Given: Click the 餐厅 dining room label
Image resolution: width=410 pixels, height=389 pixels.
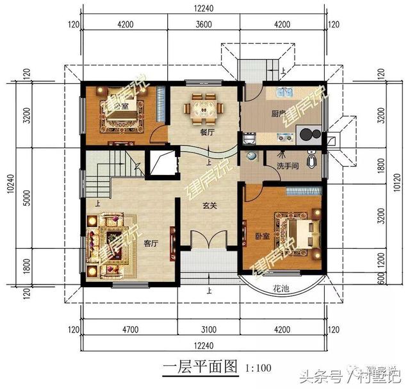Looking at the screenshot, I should tap(206, 133).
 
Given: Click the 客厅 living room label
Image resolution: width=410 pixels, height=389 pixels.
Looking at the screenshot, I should tap(151, 244).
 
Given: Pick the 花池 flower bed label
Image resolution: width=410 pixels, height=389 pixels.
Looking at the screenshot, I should tap(280, 289).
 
